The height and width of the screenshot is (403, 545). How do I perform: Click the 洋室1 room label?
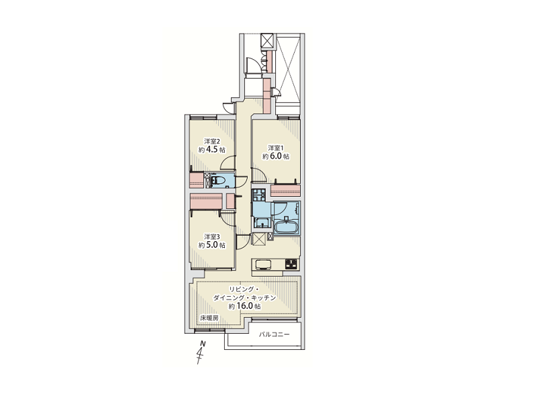[276, 148]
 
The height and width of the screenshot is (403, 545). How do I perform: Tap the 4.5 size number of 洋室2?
[213, 150]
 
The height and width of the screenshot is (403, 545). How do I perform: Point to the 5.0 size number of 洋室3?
[212, 245]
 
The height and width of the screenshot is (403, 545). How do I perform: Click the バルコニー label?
[275, 335]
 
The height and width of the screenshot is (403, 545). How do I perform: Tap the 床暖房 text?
[209, 318]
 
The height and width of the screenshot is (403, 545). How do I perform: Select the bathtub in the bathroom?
[287, 228]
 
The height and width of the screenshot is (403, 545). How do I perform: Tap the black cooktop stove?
[291, 264]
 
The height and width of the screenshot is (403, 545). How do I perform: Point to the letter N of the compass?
[203, 344]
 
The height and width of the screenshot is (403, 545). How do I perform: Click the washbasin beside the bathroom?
[261, 222]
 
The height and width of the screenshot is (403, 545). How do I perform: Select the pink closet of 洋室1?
[285, 191]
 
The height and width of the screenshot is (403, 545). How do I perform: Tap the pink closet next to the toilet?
[197, 180]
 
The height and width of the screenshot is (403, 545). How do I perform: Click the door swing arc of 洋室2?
[227, 161]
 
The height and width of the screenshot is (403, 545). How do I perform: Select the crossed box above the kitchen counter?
[259, 239]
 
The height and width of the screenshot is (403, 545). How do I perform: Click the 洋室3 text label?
[212, 236]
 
